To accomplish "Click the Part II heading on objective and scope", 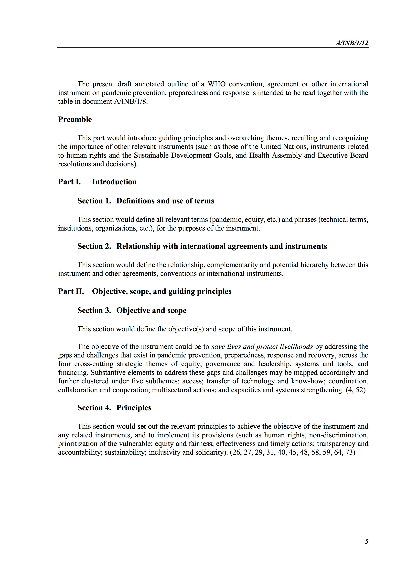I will tap(145, 291).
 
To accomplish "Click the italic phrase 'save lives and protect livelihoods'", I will tap(262, 347).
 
